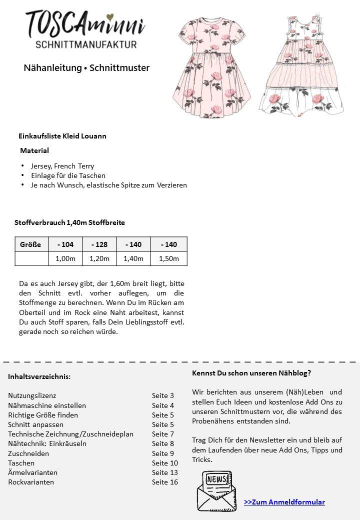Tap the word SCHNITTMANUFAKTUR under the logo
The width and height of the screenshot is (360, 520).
(86, 45)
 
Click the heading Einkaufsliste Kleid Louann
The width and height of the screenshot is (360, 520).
(62, 136)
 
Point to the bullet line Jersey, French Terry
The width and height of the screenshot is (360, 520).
(62, 166)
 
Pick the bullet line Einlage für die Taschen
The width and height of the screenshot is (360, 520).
(68, 175)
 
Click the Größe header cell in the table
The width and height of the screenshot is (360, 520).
(31, 244)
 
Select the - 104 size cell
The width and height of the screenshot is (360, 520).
(65, 244)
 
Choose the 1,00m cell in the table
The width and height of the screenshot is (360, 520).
(65, 258)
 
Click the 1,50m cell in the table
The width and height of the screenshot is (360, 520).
(169, 258)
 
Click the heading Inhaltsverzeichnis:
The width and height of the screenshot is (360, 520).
(39, 376)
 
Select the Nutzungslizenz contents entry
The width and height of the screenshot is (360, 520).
(32, 395)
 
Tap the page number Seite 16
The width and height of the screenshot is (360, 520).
(165, 482)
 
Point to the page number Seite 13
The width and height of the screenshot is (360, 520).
(165, 472)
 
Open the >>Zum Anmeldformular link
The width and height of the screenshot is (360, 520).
(284, 502)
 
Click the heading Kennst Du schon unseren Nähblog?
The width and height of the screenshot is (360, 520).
(251, 373)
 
